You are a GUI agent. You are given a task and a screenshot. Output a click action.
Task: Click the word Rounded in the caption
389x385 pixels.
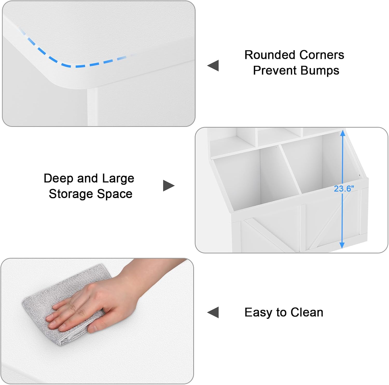[x=270, y=55]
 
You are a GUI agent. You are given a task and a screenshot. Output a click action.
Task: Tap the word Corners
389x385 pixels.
[x=322, y=55]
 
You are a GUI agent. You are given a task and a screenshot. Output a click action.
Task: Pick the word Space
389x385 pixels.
[x=115, y=194]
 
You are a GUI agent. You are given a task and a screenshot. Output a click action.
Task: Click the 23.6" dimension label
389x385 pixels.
[x=344, y=189]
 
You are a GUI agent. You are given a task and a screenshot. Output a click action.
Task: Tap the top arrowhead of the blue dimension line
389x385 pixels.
[x=343, y=133]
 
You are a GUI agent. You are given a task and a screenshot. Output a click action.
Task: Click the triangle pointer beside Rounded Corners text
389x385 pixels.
[x=213, y=65]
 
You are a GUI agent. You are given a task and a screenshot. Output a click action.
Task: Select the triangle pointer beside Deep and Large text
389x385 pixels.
[x=169, y=185]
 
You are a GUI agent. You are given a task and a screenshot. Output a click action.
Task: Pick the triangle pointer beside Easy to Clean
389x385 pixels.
[x=213, y=312]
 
